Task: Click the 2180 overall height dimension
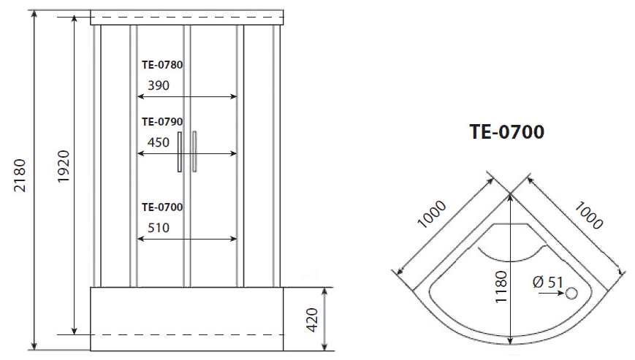click(x=20, y=175)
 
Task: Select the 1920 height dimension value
click(x=64, y=166)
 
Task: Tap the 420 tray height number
click(x=312, y=320)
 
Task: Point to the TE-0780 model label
click(x=162, y=65)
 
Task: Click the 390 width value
click(x=159, y=85)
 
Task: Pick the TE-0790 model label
click(x=162, y=122)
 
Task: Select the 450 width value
click(x=159, y=142)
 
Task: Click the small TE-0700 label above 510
click(x=162, y=207)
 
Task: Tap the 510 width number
click(x=159, y=228)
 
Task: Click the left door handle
click(x=180, y=152)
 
